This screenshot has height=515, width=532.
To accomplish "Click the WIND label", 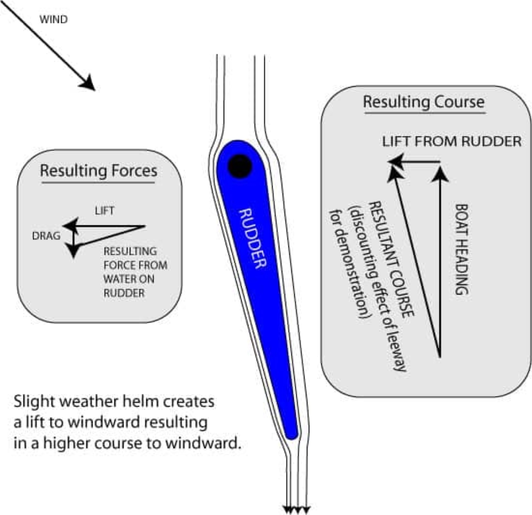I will click(53, 19).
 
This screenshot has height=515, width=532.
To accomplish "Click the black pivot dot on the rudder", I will click(240, 166).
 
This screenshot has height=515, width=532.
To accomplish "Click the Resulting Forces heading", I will click(98, 171).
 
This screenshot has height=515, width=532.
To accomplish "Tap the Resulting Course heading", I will click(423, 102).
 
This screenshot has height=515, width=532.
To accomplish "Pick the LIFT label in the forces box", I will click(105, 210).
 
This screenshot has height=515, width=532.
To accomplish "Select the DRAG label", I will click(46, 236).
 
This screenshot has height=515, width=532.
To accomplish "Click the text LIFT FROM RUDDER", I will click(452, 141).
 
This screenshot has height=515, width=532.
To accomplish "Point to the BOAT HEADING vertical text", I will click(462, 249).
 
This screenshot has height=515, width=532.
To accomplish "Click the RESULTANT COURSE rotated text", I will click(391, 259).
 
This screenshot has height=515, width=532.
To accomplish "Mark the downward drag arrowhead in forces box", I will click(73, 252).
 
